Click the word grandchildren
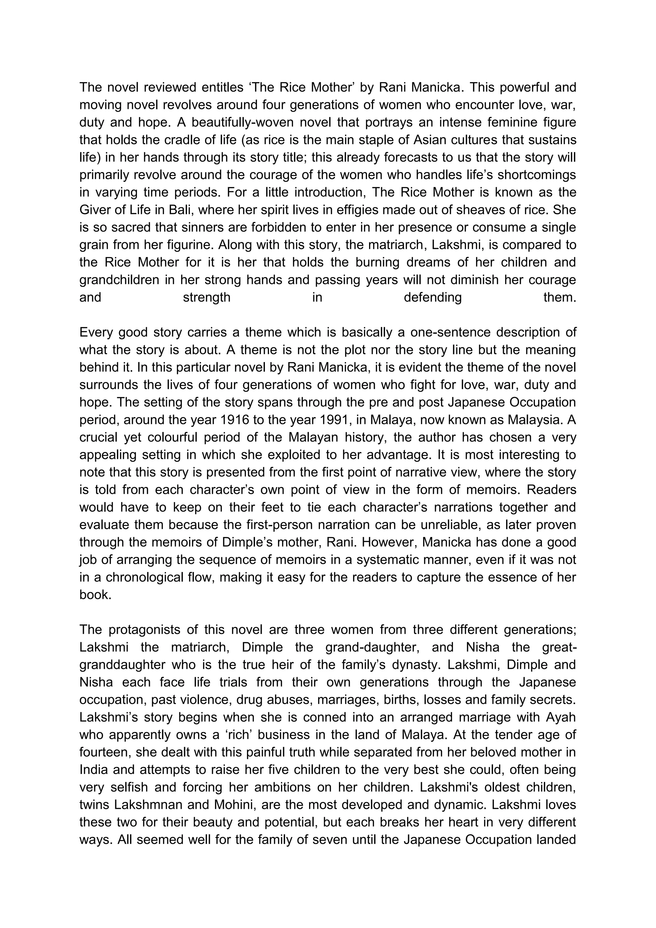[x=119, y=280]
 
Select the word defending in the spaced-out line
[x=433, y=297]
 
